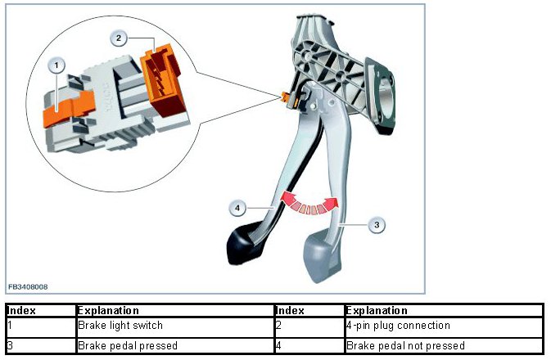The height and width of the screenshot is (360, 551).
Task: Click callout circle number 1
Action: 56,63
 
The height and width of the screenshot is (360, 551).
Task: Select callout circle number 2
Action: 120,38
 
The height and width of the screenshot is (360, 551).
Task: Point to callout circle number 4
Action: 237,208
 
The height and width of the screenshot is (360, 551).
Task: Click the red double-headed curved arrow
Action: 309,202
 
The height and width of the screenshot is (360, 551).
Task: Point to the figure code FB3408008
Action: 29,287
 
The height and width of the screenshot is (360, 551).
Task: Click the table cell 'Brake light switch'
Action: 120,326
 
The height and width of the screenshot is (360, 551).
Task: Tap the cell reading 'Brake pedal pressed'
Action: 127,345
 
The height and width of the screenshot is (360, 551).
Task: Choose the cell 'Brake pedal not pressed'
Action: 406,345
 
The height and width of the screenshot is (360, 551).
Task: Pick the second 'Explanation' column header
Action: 377,311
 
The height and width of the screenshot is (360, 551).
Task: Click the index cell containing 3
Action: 10,345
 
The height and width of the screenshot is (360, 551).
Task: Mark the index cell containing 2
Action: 280,326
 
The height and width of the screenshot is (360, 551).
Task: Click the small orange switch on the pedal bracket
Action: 287,97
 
